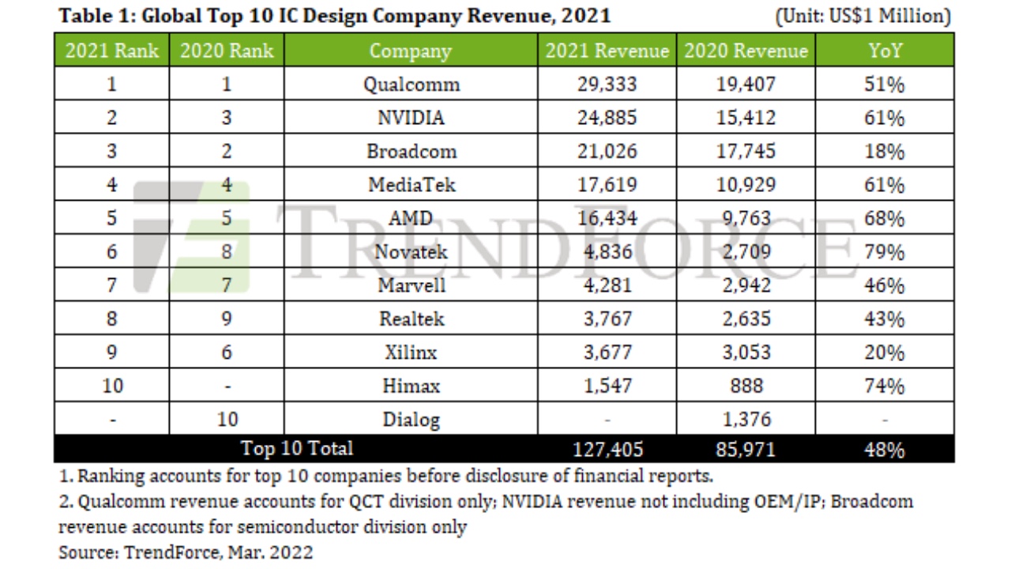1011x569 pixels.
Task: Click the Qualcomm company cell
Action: (x=411, y=85)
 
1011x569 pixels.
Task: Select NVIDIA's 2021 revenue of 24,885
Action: (x=607, y=118)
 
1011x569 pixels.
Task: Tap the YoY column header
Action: (x=884, y=51)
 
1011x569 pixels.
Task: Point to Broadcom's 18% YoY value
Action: (x=884, y=151)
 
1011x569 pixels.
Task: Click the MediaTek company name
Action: (x=411, y=185)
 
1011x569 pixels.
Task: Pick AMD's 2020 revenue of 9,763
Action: (x=746, y=218)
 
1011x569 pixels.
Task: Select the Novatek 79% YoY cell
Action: (x=884, y=252)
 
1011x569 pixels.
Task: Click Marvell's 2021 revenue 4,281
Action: (x=607, y=285)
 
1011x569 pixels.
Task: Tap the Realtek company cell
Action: (x=411, y=318)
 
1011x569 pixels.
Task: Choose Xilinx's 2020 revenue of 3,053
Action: (x=746, y=352)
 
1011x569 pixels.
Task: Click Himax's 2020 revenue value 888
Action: (x=746, y=386)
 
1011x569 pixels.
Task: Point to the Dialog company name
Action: (x=411, y=420)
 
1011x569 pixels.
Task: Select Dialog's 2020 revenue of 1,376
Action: (x=746, y=420)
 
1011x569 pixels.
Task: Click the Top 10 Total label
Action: (x=296, y=449)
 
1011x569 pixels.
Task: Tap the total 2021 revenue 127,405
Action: (x=607, y=450)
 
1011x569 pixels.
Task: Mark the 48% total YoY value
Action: (x=884, y=450)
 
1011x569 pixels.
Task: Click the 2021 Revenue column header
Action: (x=607, y=51)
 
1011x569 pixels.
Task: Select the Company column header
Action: (x=411, y=51)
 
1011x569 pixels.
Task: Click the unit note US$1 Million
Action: (x=863, y=16)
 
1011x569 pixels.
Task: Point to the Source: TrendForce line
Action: (x=186, y=552)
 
